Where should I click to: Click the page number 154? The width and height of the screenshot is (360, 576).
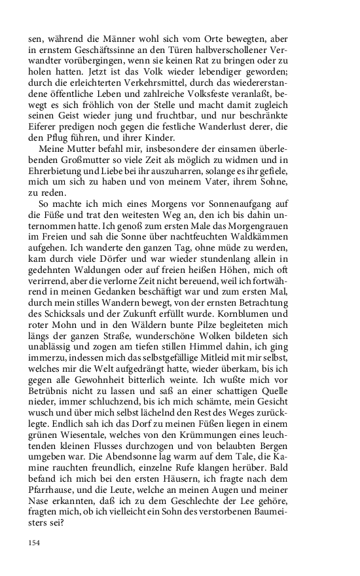35,543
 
